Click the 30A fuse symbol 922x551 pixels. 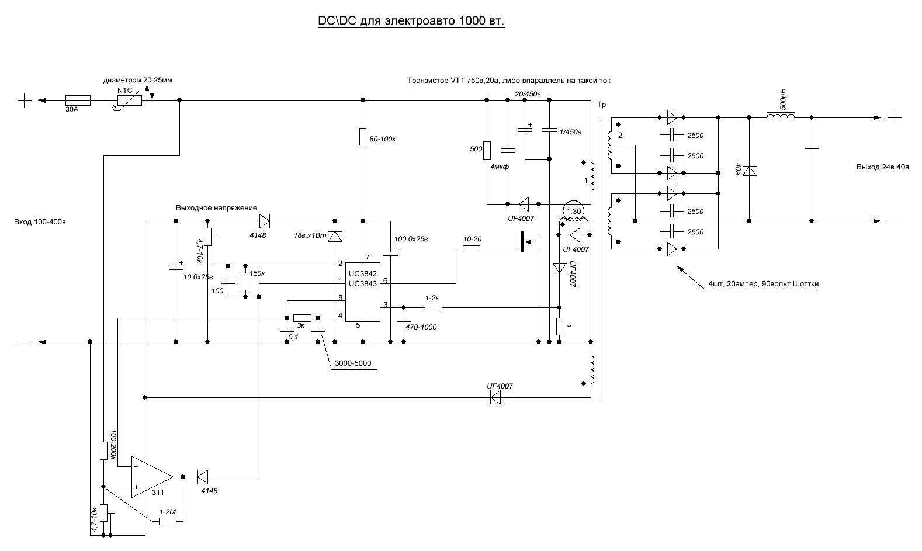tap(78, 101)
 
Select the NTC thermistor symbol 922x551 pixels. tap(129, 101)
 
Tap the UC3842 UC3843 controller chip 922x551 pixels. tap(362, 292)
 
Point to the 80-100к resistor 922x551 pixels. tap(363, 137)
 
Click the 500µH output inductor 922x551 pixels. tap(780, 116)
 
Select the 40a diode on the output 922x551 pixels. tap(749, 171)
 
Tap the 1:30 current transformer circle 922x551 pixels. tap(573, 211)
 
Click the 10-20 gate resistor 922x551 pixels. tap(472, 249)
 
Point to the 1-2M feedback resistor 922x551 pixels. tap(168, 521)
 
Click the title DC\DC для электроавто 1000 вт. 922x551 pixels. tap(411, 21)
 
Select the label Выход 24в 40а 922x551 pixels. tap(883, 167)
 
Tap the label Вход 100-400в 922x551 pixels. tap(40, 222)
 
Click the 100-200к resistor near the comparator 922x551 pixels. tap(104, 450)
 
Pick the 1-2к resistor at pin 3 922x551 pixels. tap(434, 307)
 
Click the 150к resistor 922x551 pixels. tap(245, 282)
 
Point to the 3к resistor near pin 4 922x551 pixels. tap(302, 318)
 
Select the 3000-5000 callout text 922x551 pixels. tap(353, 363)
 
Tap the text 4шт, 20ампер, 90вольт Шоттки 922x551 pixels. tap(763, 284)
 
